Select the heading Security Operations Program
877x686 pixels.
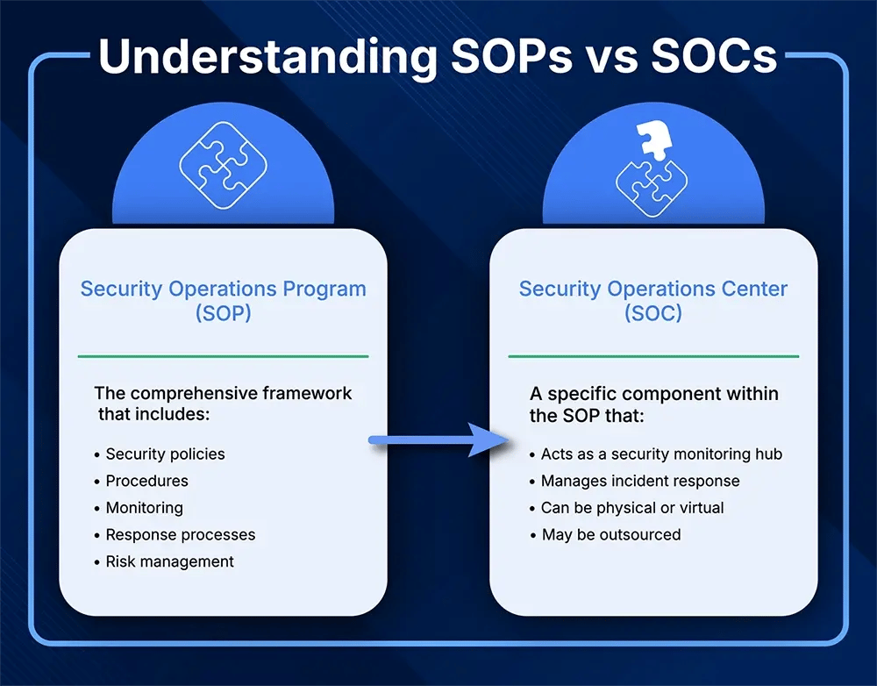[x=223, y=289]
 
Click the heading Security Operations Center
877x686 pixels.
[x=652, y=289]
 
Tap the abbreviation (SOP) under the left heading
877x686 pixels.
[x=223, y=313]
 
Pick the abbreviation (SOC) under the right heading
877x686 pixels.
[x=652, y=313]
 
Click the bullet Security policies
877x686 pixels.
[x=165, y=454]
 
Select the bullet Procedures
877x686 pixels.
[x=146, y=481]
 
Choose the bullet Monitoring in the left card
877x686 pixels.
[x=144, y=508]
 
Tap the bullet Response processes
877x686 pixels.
[x=180, y=534]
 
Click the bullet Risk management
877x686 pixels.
[x=169, y=561]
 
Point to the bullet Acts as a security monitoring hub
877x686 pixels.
[x=660, y=454]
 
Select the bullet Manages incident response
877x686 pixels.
[x=639, y=481]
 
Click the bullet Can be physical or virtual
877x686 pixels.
[x=631, y=508]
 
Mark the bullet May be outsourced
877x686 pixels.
[x=610, y=534]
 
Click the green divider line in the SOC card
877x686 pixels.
[x=653, y=356]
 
